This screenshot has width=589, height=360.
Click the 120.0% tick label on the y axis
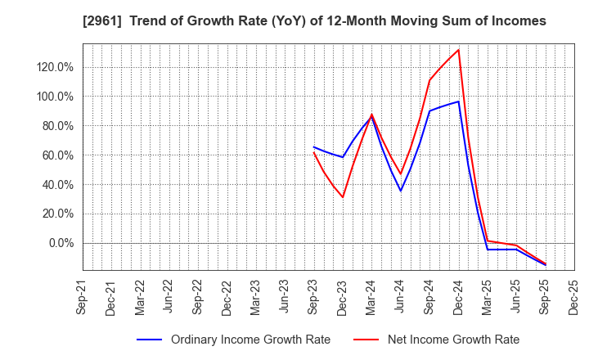(56, 67)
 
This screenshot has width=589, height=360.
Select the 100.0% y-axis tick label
(56, 97)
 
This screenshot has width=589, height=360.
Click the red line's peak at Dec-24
(458, 50)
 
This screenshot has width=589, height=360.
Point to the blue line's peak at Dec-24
(458, 101)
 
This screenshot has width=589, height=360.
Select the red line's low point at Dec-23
(343, 197)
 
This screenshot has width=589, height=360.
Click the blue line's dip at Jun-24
(401, 191)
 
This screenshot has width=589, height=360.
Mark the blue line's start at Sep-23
(314, 147)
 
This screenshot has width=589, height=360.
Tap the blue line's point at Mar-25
(488, 250)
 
